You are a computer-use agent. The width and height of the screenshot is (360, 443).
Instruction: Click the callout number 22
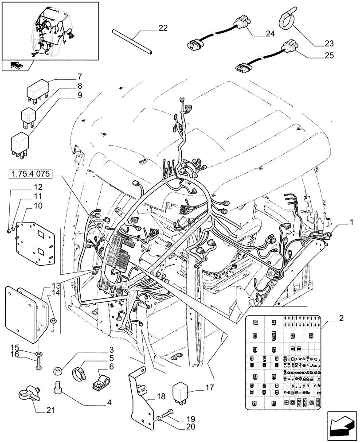point(163,28)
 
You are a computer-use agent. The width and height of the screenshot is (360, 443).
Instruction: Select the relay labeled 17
point(182,389)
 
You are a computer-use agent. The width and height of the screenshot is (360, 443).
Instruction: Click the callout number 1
point(351,220)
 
